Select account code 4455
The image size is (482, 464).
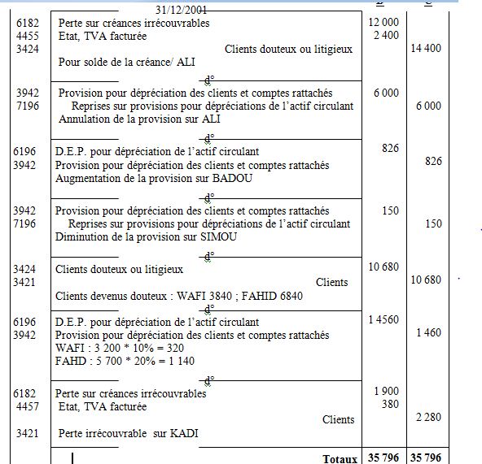pos(27,36)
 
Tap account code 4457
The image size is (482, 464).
pos(27,406)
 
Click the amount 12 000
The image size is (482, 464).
pos(383,23)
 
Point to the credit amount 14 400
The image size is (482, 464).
pos(427,49)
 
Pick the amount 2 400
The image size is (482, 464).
pos(386,36)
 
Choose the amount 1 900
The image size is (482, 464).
pos(386,392)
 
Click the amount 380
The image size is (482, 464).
pos(390,404)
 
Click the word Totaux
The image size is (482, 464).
pos(340,459)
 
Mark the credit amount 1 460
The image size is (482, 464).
pos(427,332)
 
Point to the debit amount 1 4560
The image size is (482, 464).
pos(383,320)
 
